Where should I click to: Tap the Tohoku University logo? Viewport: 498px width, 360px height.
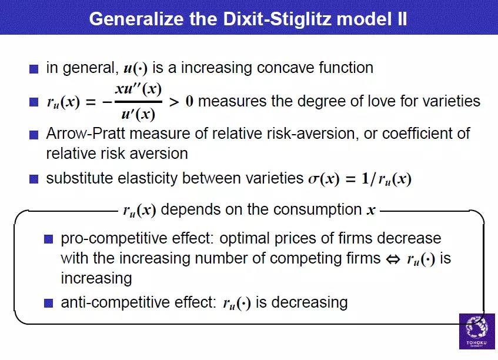pyautogui.click(x=477, y=331)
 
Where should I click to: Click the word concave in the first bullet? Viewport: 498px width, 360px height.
pyautogui.click(x=286, y=68)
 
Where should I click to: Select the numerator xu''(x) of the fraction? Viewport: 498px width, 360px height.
pyautogui.click(x=139, y=89)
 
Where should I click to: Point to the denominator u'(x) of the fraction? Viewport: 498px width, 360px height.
pyautogui.click(x=139, y=114)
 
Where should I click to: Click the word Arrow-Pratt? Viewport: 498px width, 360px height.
pyautogui.click(x=86, y=134)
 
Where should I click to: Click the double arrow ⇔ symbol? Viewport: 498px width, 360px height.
pyautogui.click(x=393, y=259)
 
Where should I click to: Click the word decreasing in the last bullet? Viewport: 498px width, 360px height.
pyautogui.click(x=310, y=302)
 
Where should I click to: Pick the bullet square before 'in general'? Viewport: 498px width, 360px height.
pyautogui.click(x=34, y=69)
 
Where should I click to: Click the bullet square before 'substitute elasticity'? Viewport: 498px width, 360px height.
pyautogui.click(x=34, y=179)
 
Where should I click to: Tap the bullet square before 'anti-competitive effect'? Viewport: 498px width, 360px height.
pyautogui.click(x=48, y=303)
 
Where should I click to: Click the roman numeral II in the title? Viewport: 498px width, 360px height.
pyautogui.click(x=402, y=19)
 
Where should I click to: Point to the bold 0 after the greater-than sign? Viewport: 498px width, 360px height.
pyautogui.click(x=189, y=102)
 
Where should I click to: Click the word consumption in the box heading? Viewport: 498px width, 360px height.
pyautogui.click(x=317, y=210)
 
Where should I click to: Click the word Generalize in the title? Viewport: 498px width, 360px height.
pyautogui.click(x=136, y=19)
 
